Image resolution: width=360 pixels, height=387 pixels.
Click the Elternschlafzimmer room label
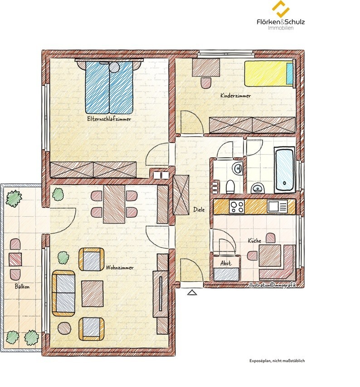click(x=109, y=119)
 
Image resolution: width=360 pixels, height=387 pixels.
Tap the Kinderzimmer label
click(x=235, y=96)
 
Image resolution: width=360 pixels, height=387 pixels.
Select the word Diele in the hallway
click(x=199, y=210)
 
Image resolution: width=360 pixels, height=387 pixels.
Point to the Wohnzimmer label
click(x=120, y=268)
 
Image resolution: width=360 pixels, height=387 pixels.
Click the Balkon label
click(x=22, y=287)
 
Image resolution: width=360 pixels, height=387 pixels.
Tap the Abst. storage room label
click(x=226, y=263)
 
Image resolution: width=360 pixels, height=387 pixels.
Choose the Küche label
click(x=254, y=240)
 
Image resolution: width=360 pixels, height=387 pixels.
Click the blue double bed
click(x=109, y=87)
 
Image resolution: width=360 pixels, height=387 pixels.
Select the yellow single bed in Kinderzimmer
click(x=269, y=74)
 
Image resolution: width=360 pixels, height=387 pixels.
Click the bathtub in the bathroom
click(x=285, y=170)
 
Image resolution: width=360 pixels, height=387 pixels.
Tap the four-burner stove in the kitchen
click(x=237, y=206)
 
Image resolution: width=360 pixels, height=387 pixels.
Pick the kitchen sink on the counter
click(x=277, y=206)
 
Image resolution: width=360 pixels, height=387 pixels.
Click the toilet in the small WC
click(x=230, y=187)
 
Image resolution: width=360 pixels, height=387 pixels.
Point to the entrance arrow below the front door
click(x=192, y=293)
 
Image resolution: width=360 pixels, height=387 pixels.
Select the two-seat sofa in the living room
click(x=63, y=294)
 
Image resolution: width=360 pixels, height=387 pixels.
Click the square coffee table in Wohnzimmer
click(x=92, y=294)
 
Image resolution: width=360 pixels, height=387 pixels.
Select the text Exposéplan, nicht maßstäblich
click(x=277, y=361)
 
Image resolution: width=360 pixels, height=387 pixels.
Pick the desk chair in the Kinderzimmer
click(x=206, y=83)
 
